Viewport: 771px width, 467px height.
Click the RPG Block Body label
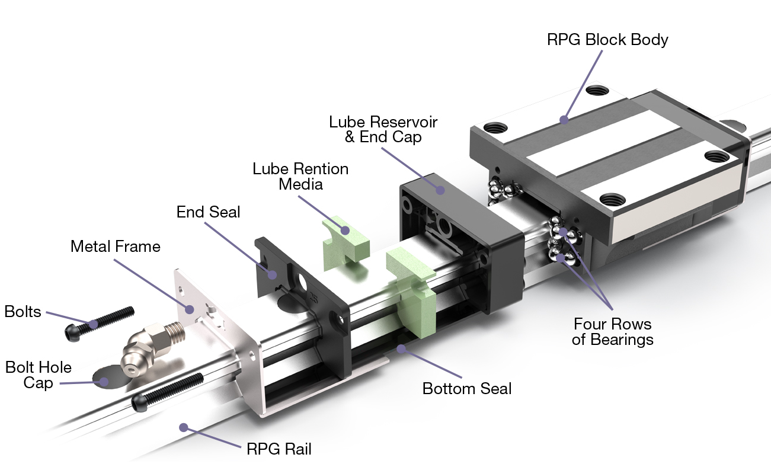pyautogui.click(x=607, y=40)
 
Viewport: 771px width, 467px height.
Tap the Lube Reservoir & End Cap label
pyautogui.click(x=383, y=129)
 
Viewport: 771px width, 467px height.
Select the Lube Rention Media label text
pyautogui.click(x=300, y=177)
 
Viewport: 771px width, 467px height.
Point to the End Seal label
pyautogui.click(x=208, y=212)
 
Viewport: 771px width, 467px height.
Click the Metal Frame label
pyautogui.click(x=116, y=247)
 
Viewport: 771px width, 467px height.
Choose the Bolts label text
pyautogui.click(x=23, y=311)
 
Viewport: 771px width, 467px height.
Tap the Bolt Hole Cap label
pyautogui.click(x=39, y=375)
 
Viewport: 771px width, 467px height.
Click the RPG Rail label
pyautogui.click(x=279, y=449)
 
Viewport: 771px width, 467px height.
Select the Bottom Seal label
pyautogui.click(x=467, y=389)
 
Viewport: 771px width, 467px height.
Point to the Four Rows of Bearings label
pyautogui.click(x=612, y=332)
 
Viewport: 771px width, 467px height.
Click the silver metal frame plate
pyautogui.click(x=216, y=332)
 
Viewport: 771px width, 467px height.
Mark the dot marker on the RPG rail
pyautogui.click(x=184, y=427)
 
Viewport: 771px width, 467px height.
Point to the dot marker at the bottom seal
pyautogui.click(x=401, y=348)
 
